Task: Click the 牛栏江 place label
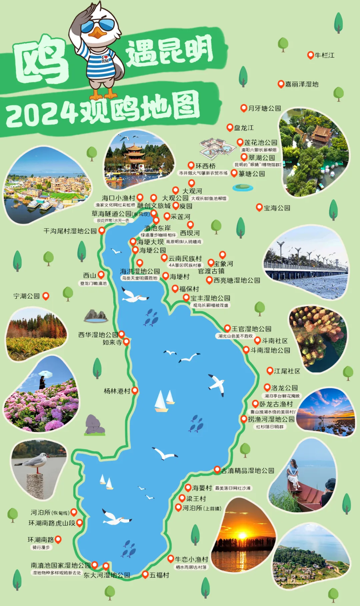pyautogui.click(x=324, y=55)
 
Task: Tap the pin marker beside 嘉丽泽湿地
pyautogui.click(x=281, y=84)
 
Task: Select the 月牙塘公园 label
pyautogui.click(x=265, y=108)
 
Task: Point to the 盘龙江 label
pyautogui.click(x=244, y=128)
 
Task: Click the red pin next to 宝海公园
pyautogui.click(x=259, y=207)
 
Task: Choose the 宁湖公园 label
pyautogui.click(x=26, y=296)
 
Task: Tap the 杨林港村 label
pyautogui.click(x=117, y=391)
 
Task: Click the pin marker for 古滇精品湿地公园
pyautogui.click(x=217, y=470)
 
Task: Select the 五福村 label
pyautogui.click(x=159, y=575)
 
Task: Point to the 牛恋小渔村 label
pyautogui.click(x=191, y=559)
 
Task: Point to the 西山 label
pyautogui.click(x=89, y=276)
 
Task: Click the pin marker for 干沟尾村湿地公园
pyautogui.click(x=102, y=230)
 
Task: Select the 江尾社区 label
pyautogui.click(x=287, y=371)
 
